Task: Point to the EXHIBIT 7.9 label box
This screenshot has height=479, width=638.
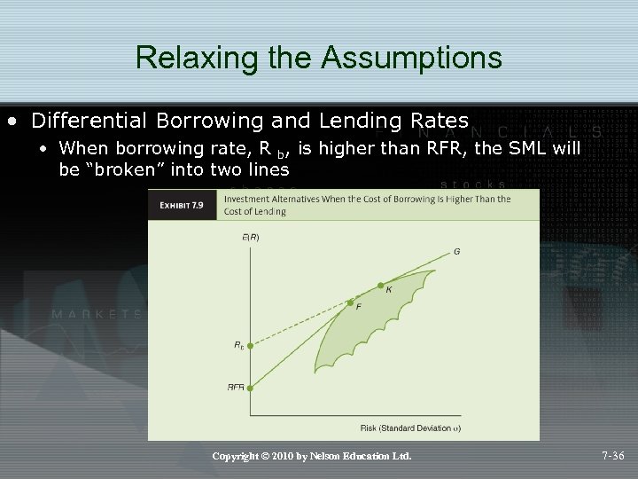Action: (182, 205)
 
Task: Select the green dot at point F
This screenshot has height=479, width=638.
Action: (350, 302)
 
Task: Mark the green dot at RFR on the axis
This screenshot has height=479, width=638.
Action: (250, 388)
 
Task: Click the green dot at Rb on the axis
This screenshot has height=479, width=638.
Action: (250, 347)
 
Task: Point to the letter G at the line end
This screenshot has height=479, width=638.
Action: (456, 251)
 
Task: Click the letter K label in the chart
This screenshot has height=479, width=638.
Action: (389, 290)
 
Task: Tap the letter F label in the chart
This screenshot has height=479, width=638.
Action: (358, 307)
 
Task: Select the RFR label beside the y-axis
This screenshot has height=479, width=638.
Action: (236, 387)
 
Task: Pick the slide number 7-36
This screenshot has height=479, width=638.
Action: (612, 456)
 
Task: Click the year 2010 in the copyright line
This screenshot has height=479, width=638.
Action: (285, 456)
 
